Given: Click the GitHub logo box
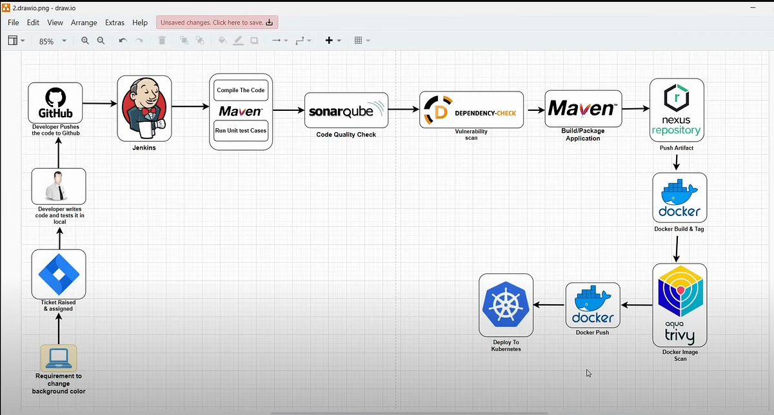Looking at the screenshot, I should [55, 102].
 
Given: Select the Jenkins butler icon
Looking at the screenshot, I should [144, 108].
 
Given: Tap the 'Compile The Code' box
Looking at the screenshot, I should [241, 90].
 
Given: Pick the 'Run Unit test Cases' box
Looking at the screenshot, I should [241, 130].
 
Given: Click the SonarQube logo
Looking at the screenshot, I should [346, 110].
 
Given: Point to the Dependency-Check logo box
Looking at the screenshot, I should [472, 110].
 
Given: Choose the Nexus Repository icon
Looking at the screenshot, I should [676, 110].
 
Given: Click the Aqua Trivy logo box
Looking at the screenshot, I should [679, 305].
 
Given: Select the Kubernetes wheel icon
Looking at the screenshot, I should [506, 305].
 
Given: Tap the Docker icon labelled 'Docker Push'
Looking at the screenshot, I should [593, 305].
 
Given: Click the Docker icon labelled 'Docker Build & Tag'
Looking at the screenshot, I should [679, 198].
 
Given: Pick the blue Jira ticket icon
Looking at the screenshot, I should [59, 274].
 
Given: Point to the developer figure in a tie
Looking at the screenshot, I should [59, 186].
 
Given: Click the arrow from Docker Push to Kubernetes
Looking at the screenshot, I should [550, 305].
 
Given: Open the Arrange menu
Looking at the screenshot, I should [84, 23].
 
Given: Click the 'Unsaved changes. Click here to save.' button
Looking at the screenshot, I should [217, 23].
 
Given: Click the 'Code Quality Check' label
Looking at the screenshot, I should [346, 135].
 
